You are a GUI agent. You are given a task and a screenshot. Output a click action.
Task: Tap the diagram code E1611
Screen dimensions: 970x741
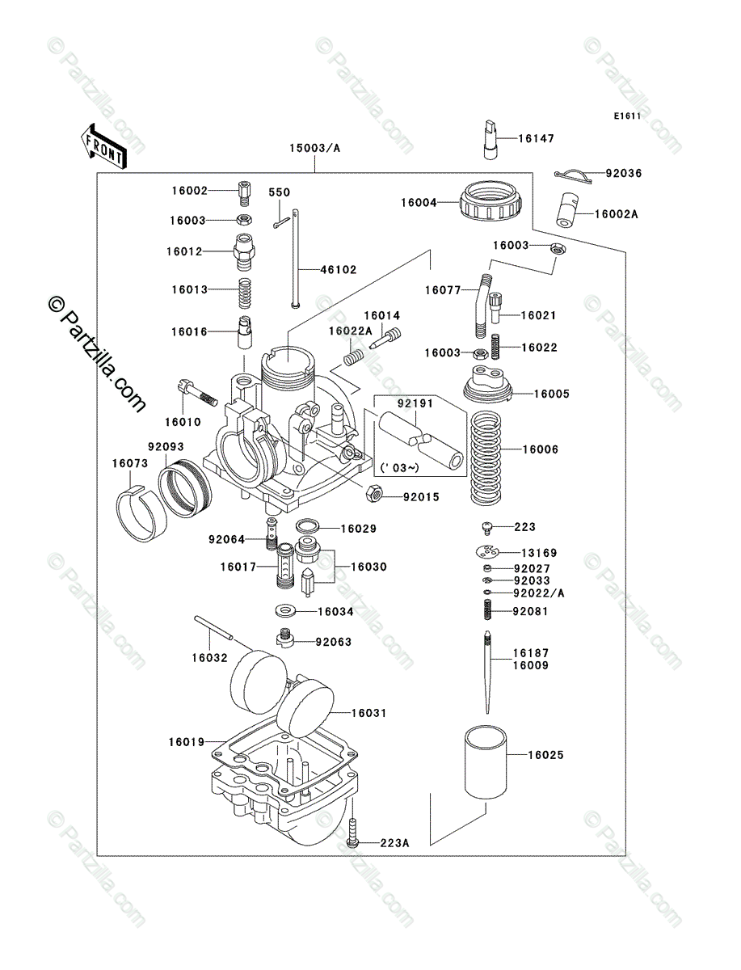tap(626, 116)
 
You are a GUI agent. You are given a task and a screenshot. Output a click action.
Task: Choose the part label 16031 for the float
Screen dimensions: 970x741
tap(368, 714)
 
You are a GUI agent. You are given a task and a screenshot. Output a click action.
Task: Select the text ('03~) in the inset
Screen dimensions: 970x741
tap(395, 468)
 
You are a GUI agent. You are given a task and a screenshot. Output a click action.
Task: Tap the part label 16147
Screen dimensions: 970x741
tap(536, 139)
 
